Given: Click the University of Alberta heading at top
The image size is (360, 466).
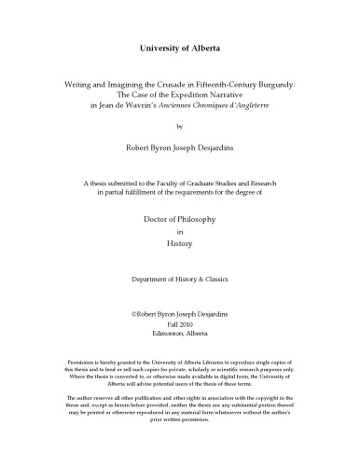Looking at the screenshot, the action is (x=179, y=46).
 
